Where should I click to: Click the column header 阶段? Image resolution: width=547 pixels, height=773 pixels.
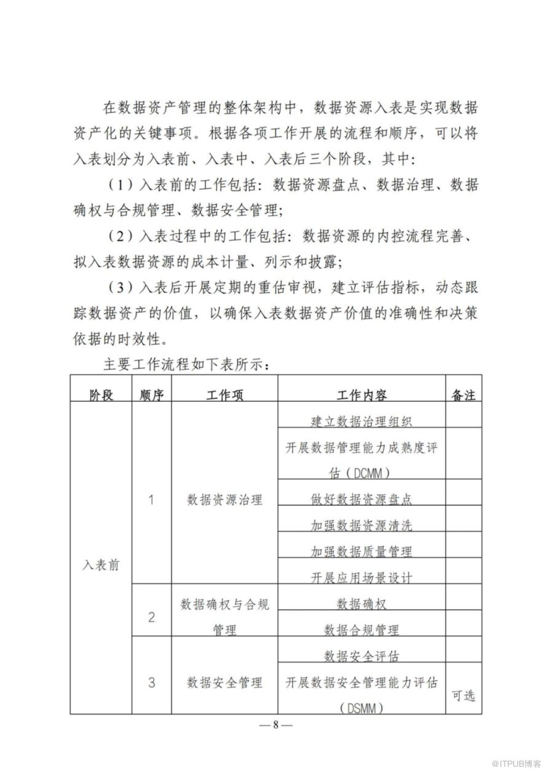click(101, 394)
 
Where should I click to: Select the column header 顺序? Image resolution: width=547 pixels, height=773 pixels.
click(152, 394)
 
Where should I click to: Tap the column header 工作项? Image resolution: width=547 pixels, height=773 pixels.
click(224, 394)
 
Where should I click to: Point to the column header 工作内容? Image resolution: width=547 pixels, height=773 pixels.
click(361, 394)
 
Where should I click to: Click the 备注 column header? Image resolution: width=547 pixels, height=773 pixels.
click(463, 394)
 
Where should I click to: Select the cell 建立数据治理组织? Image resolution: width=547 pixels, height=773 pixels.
click(361, 421)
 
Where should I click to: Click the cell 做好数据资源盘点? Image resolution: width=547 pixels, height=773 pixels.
click(361, 498)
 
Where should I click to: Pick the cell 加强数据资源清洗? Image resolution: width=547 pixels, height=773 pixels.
click(361, 525)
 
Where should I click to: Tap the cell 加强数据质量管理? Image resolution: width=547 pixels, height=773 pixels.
click(361, 551)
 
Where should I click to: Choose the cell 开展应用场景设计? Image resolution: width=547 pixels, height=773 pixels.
click(361, 577)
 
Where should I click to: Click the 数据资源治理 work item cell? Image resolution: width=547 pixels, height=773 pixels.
click(224, 500)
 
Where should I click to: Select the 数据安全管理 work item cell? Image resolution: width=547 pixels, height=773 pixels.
click(224, 682)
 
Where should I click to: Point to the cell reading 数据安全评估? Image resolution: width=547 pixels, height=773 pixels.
click(361, 656)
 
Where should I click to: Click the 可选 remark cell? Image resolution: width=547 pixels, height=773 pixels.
click(463, 696)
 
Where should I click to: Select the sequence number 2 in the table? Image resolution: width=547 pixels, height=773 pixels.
click(152, 617)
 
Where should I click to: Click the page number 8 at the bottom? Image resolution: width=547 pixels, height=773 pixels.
click(275, 724)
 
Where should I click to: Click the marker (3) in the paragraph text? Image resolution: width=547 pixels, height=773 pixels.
click(122, 286)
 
